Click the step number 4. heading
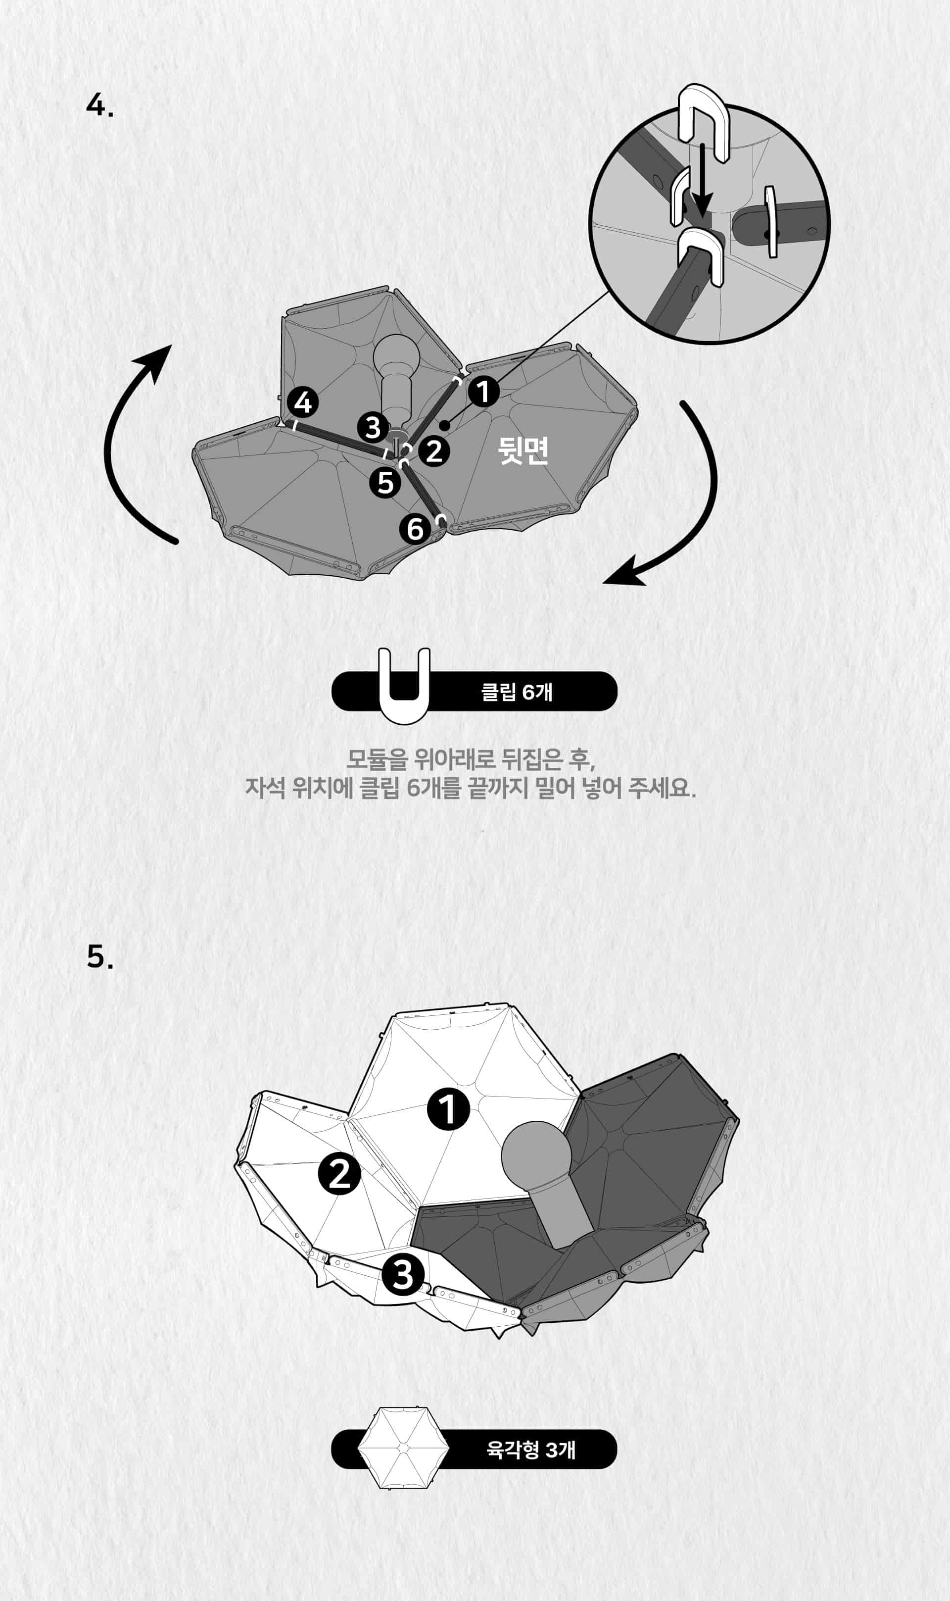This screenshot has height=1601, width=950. click(100, 105)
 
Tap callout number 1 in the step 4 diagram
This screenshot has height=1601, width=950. click(483, 391)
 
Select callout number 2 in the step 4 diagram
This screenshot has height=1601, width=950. click(434, 451)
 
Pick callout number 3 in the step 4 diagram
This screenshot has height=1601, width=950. click(373, 427)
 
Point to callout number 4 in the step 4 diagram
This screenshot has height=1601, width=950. click(303, 403)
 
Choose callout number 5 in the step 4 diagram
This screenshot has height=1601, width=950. click(385, 482)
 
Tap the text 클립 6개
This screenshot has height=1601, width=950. click(516, 692)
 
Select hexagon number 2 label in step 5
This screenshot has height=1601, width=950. click(340, 1174)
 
